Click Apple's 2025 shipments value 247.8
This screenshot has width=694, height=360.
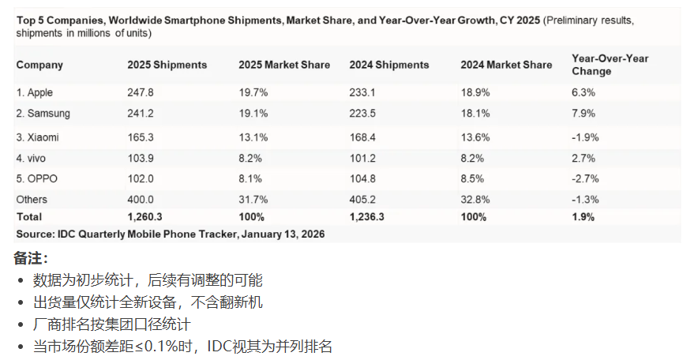click(x=140, y=92)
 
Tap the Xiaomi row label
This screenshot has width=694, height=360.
click(x=38, y=137)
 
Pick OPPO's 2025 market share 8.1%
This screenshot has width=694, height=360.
click(x=250, y=178)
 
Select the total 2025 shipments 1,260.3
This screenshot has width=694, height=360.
click(x=146, y=216)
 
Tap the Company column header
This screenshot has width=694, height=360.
click(x=39, y=65)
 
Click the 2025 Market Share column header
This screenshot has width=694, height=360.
click(x=284, y=65)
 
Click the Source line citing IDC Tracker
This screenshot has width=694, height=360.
click(x=171, y=234)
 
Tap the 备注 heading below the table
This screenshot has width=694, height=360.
click(x=31, y=259)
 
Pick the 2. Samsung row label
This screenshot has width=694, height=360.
click(x=43, y=114)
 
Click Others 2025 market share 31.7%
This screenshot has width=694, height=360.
click(x=253, y=200)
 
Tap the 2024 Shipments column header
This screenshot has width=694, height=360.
click(x=389, y=65)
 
